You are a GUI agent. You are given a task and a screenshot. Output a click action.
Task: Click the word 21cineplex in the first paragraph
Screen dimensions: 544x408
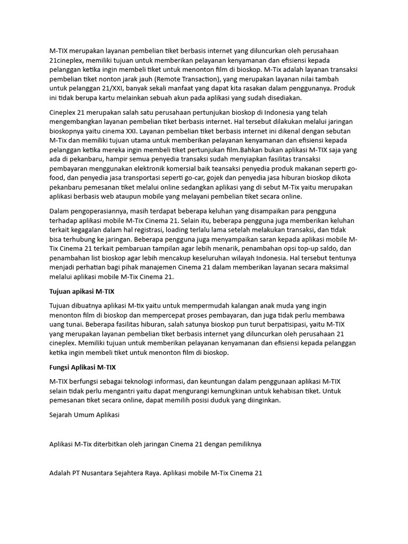tap(66, 61)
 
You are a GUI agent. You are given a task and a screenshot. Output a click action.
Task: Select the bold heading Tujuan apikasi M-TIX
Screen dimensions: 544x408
tap(81, 292)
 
